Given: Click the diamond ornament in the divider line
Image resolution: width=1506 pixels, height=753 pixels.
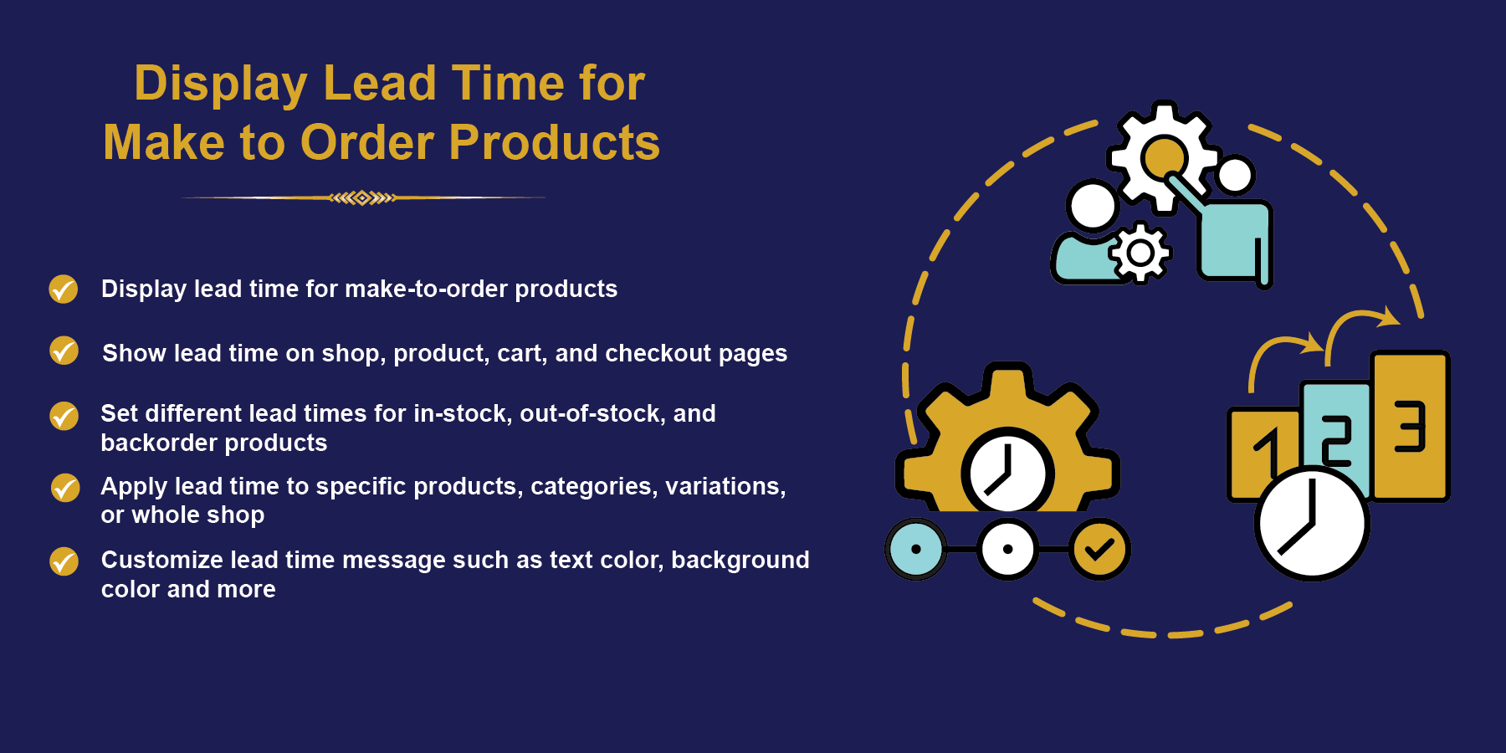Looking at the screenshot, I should tap(362, 198).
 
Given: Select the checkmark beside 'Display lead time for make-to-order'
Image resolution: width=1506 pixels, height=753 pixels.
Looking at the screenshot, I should tap(64, 289).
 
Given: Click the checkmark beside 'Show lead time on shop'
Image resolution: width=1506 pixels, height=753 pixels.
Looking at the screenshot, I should tap(64, 351).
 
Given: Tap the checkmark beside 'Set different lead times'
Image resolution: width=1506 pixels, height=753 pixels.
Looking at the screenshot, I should tap(64, 416).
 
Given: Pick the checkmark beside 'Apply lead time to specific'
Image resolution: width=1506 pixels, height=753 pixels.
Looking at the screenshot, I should tap(64, 488).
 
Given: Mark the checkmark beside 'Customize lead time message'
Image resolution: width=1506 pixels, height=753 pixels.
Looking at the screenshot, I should tap(64, 561).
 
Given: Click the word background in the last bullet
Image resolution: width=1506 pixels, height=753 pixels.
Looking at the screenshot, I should tap(740, 560).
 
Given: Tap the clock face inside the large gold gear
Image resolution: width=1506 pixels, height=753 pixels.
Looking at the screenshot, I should tap(1007, 472).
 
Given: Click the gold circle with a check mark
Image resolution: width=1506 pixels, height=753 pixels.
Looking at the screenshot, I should tap(1099, 550).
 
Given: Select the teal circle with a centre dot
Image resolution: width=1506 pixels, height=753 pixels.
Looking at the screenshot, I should tap(916, 550).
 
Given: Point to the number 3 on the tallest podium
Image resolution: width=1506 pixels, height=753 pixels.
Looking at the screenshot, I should tap(1410, 426).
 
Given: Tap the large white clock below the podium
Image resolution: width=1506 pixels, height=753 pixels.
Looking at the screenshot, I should tap(1311, 525).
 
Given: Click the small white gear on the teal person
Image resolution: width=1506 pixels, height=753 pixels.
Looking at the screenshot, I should tap(1140, 252).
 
